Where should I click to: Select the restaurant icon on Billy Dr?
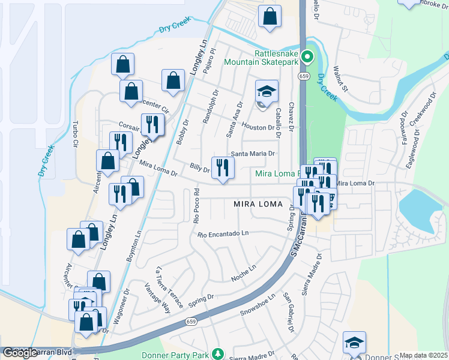(223, 168)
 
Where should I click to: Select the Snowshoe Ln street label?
(258, 305)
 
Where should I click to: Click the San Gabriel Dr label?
(289, 313)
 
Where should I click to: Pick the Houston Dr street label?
(258, 127)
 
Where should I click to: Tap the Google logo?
(20, 353)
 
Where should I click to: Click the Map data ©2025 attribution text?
(423, 355)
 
